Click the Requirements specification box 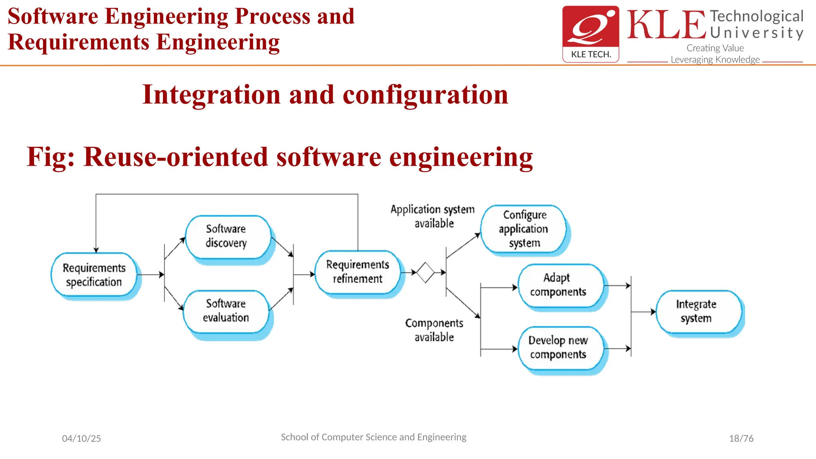pyautogui.click(x=94, y=275)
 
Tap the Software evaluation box pyautogui.click(x=226, y=311)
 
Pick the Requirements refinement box pyautogui.click(x=357, y=272)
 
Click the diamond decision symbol pyautogui.click(x=425, y=273)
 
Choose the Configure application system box pyautogui.click(x=524, y=229)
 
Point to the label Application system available pyautogui.click(x=433, y=216)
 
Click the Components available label pyautogui.click(x=434, y=330)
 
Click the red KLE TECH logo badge pyautogui.click(x=590, y=34)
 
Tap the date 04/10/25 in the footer pyautogui.click(x=81, y=438)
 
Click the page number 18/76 pyautogui.click(x=741, y=438)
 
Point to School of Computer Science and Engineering pyautogui.click(x=373, y=437)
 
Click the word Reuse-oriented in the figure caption pyautogui.click(x=176, y=157)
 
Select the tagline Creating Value pyautogui.click(x=715, y=48)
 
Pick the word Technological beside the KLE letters pyautogui.click(x=757, y=16)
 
